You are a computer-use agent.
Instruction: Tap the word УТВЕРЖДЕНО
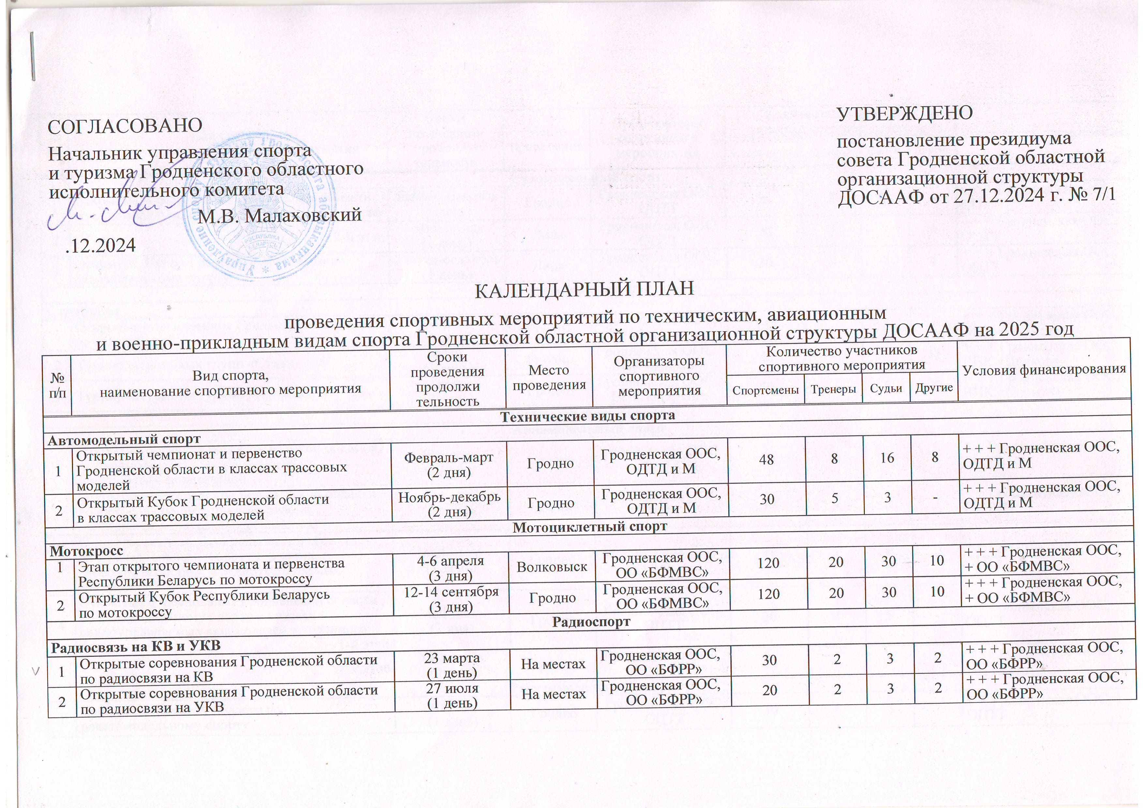[905, 113]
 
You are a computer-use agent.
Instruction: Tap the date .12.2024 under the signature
[101, 245]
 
